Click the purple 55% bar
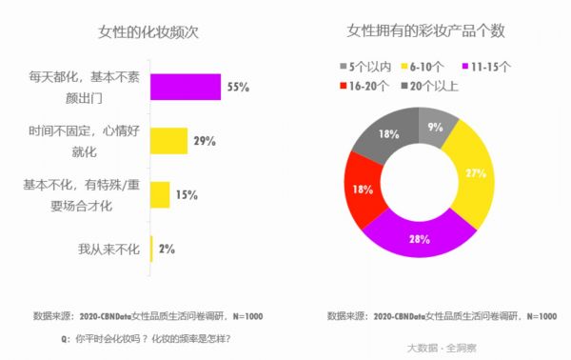pos(185,88)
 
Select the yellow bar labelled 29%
pos(167,141)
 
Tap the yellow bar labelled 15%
pos(159,195)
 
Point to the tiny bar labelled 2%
pos(151,249)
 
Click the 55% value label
pos(238,88)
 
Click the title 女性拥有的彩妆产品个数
pos(424,31)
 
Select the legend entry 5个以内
pos(366,66)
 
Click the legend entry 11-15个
pos(489,66)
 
